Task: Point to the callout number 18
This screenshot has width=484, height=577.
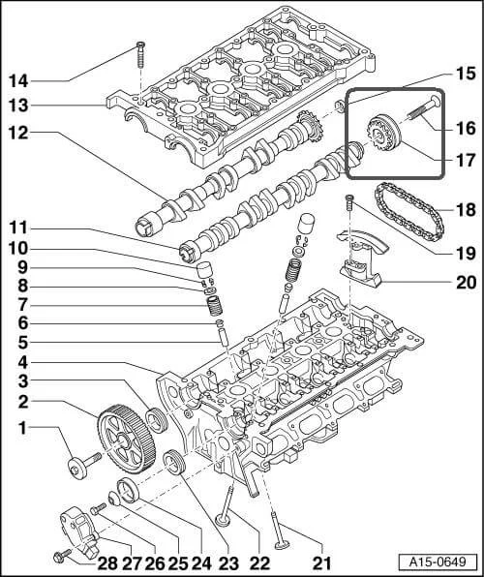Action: (x=466, y=208)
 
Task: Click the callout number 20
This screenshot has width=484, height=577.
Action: (x=466, y=283)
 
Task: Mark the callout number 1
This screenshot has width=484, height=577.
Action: (x=20, y=427)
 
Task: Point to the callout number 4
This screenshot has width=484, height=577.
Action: (x=20, y=362)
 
